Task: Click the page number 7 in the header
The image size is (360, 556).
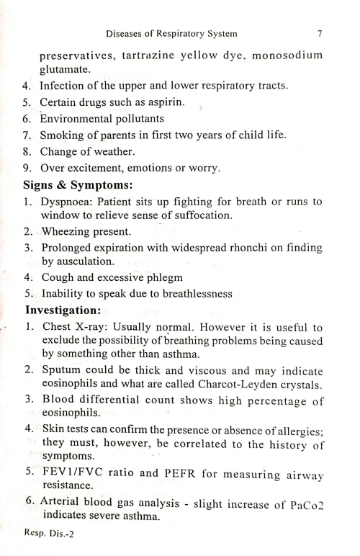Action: pyautogui.click(x=318, y=33)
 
